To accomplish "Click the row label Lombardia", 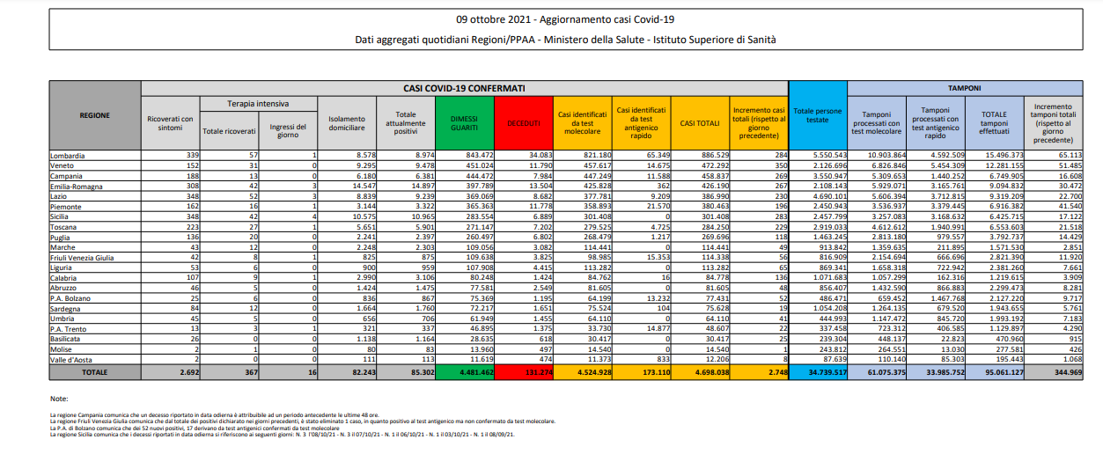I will (68, 154).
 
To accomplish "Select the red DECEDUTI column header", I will (522, 123).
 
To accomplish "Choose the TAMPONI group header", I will (964, 88).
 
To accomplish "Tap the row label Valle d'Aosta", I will (72, 361).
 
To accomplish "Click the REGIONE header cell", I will (94, 115).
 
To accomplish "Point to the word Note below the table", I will (58, 399).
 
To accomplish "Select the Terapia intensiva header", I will (258, 104).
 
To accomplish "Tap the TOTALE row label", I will (94, 373).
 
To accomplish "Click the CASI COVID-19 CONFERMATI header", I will (464, 88).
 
